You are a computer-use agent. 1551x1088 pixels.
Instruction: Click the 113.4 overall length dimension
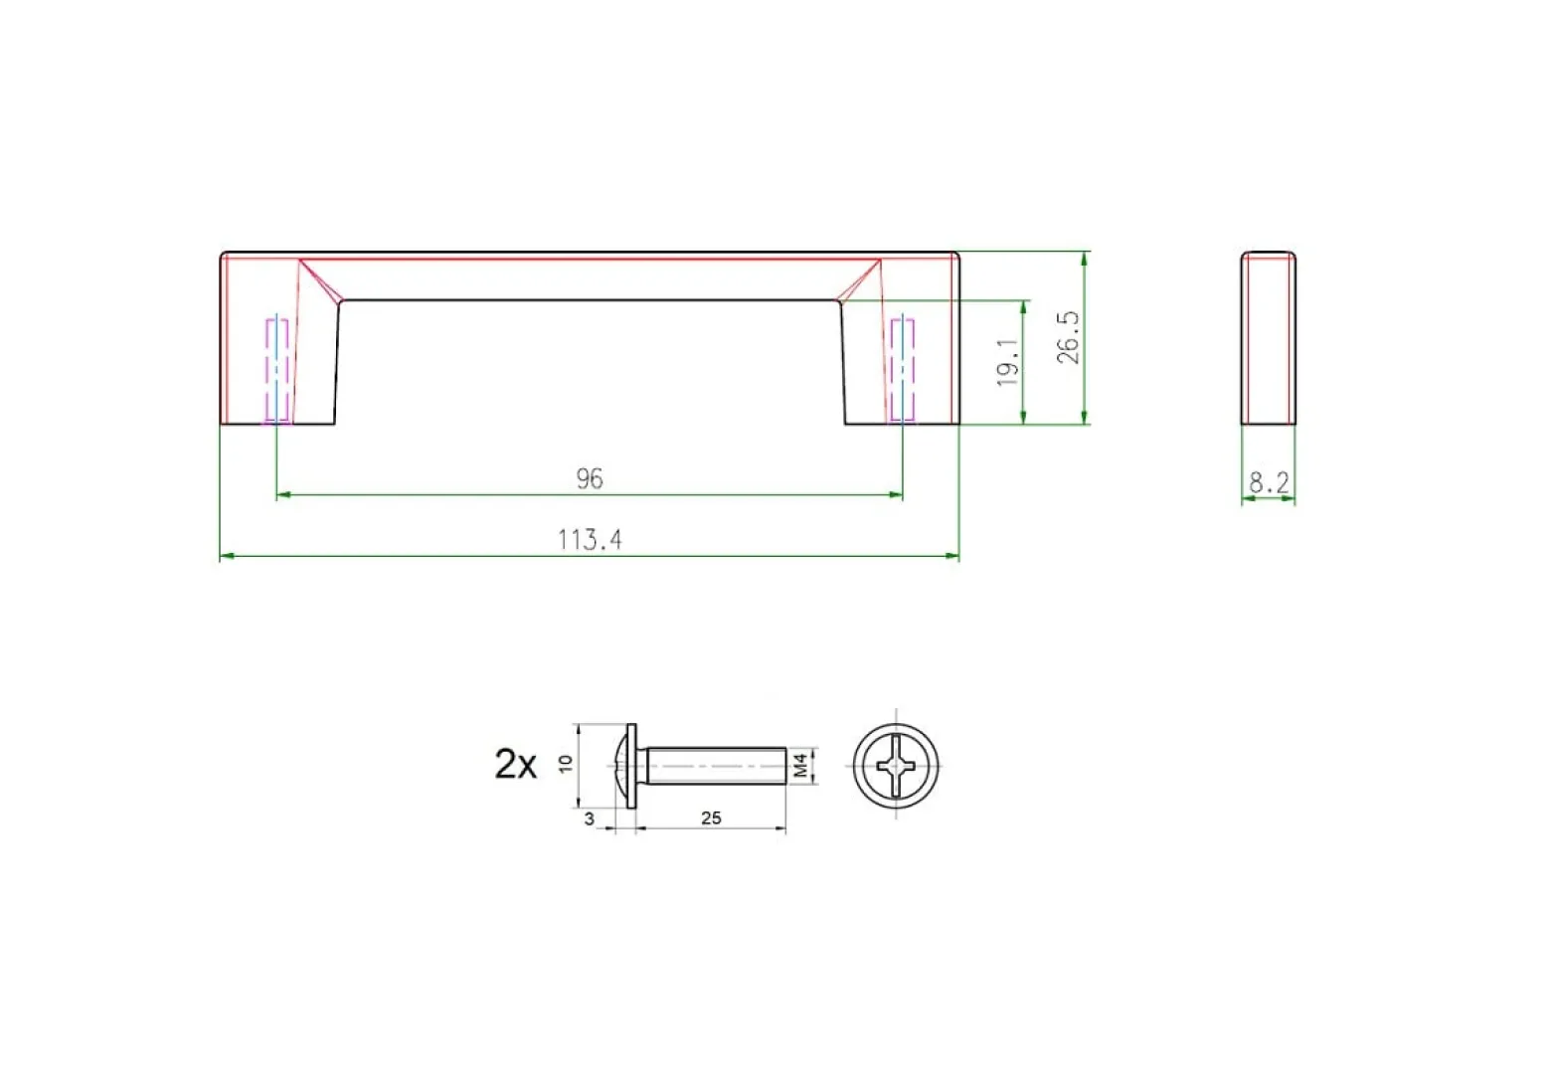click(x=590, y=540)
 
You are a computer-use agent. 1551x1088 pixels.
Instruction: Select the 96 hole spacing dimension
click(x=590, y=478)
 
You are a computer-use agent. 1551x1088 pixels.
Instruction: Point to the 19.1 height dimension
click(x=1007, y=362)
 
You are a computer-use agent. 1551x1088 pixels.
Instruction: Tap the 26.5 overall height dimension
click(x=1068, y=337)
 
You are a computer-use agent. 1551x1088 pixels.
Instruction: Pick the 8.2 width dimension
click(x=1269, y=482)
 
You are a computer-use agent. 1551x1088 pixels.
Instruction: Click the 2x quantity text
click(x=515, y=765)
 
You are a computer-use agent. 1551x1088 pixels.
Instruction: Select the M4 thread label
click(x=800, y=766)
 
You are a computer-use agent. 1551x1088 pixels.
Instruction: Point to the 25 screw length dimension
click(x=711, y=817)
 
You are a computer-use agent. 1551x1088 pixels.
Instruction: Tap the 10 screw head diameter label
click(x=566, y=764)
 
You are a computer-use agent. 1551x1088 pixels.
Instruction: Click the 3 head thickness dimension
click(x=590, y=819)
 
